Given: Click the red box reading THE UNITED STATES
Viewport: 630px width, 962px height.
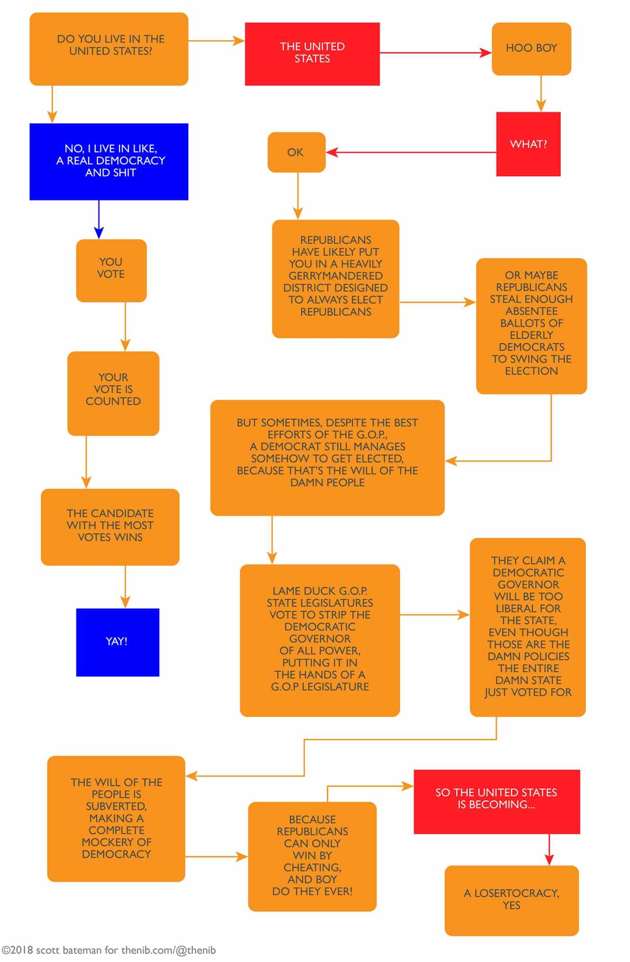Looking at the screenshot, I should click(x=312, y=54).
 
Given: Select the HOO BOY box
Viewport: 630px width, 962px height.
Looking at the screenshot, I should click(x=531, y=49).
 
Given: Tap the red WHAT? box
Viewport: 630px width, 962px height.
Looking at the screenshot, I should click(x=528, y=144).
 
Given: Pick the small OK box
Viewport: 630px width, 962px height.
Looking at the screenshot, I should click(x=296, y=152).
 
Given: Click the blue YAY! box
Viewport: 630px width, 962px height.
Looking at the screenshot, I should click(x=117, y=642).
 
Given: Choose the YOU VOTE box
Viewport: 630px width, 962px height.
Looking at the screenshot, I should click(x=111, y=270).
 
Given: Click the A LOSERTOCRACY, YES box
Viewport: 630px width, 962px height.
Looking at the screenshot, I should click(x=512, y=900).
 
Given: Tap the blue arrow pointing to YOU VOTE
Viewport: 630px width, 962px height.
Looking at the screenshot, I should click(x=99, y=220).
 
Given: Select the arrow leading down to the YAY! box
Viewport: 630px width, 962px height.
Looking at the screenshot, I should click(x=125, y=587).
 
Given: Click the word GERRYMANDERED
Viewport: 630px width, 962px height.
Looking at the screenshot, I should click(x=336, y=276).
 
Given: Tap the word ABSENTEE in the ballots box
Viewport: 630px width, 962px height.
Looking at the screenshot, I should click(x=531, y=311).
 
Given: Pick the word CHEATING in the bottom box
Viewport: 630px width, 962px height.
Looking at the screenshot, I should click(x=312, y=867).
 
